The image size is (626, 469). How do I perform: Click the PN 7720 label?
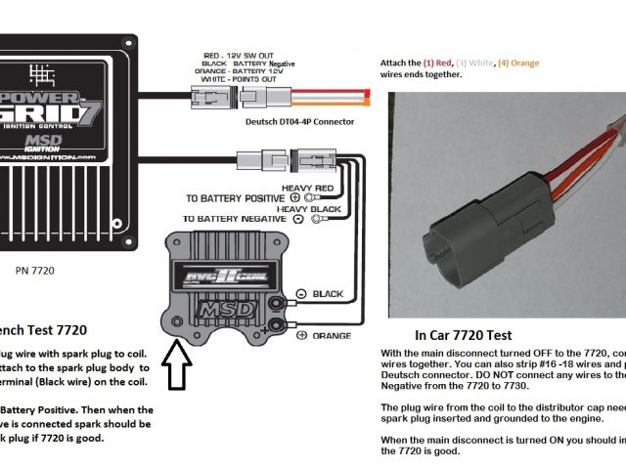click(38, 261)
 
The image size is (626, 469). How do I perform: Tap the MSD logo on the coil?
click(216, 309)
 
